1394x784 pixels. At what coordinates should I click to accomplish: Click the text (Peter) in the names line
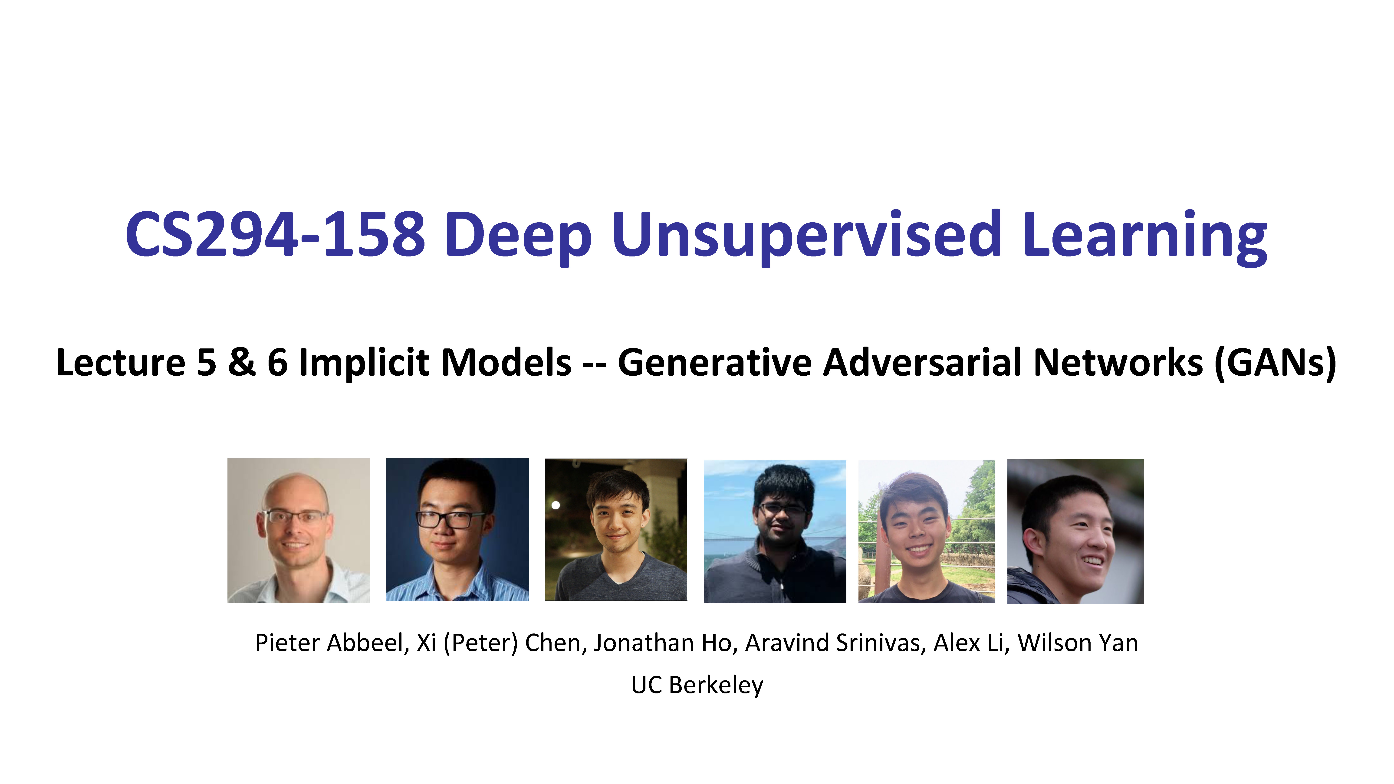tap(480, 643)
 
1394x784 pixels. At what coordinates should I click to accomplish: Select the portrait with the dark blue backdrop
tap(457, 530)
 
